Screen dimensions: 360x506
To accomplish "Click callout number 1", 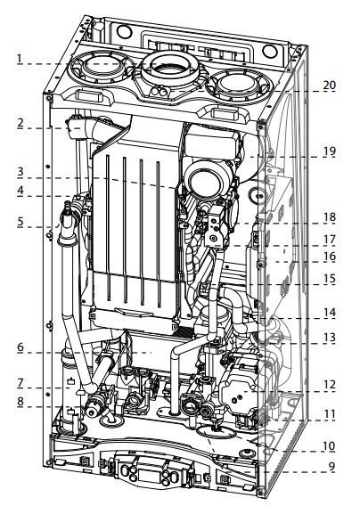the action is [x=20, y=59].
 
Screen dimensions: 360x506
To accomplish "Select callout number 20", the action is [x=330, y=86].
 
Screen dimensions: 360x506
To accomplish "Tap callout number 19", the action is [x=330, y=151].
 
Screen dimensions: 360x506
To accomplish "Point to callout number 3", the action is [x=20, y=171].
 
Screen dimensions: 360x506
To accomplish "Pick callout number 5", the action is [x=20, y=222].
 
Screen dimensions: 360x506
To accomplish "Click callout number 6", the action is [x=20, y=347].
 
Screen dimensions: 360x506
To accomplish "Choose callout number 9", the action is [x=331, y=466].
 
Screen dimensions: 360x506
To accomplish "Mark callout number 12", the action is [x=330, y=385].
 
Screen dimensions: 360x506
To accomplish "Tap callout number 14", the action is [x=330, y=313].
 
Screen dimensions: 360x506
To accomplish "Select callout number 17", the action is [x=330, y=240].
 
